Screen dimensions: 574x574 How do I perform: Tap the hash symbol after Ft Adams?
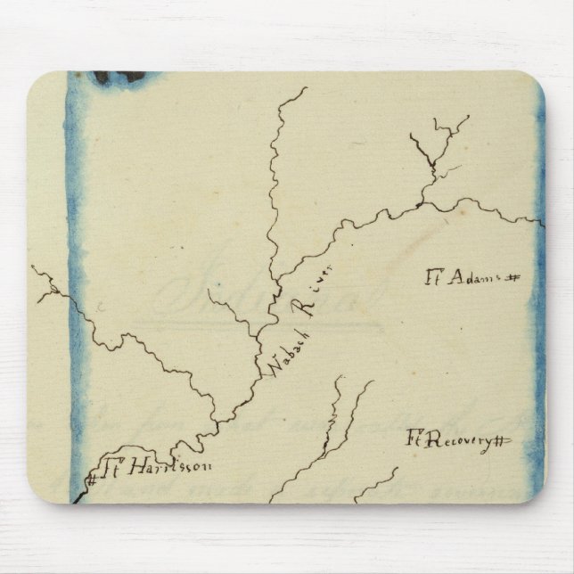point(512,278)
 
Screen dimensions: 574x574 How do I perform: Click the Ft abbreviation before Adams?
point(434,276)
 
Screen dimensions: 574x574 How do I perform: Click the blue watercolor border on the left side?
point(77,267)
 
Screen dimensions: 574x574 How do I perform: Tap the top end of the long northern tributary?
point(305,88)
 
